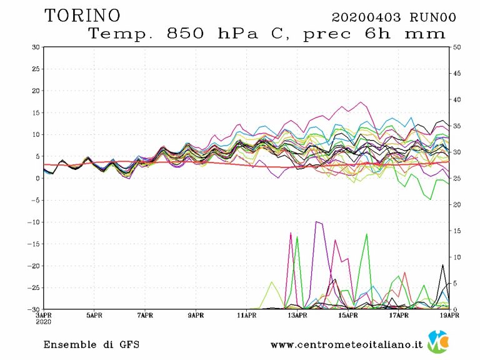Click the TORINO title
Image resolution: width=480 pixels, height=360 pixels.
tap(83, 15)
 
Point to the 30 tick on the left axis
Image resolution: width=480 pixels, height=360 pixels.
tap(36, 47)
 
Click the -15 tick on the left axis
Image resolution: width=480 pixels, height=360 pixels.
tap(34, 244)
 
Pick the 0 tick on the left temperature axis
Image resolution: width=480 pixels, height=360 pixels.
tap(38, 178)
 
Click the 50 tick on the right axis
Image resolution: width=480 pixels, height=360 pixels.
tap(457, 47)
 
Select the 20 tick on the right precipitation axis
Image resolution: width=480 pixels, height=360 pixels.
tap(457, 204)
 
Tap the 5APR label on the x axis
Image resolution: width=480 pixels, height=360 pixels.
tap(94, 316)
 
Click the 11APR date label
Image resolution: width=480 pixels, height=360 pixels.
tap(247, 316)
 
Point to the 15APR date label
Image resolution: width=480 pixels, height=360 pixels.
tap(348, 316)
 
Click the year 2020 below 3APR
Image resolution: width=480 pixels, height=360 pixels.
tap(44, 322)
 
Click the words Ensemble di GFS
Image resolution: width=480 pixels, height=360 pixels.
tap(91, 344)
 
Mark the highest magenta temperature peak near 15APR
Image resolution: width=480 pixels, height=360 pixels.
tap(361, 102)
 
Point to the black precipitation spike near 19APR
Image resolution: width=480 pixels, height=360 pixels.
tap(443, 265)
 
